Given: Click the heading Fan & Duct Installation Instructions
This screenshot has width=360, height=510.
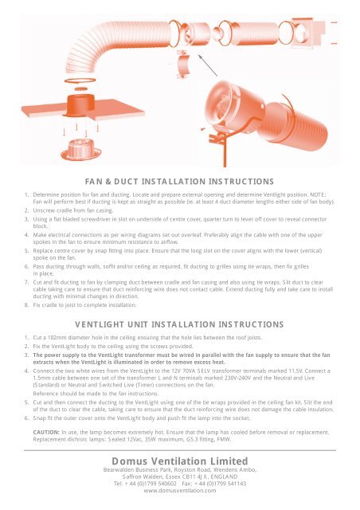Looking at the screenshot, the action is pyautogui.click(x=179, y=181).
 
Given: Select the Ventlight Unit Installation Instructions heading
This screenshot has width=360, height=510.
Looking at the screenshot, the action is pyautogui.click(x=179, y=324).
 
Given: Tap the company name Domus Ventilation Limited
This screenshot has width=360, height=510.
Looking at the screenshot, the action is pyautogui.click(x=179, y=461).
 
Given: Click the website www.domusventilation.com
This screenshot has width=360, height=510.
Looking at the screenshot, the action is pyautogui.click(x=180, y=491).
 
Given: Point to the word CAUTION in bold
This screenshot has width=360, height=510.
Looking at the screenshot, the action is pyautogui.click(x=46, y=432).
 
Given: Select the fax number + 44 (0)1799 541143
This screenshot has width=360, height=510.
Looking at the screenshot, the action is pyautogui.click(x=220, y=484).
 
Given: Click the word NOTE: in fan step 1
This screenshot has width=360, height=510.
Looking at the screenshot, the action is pyautogui.click(x=318, y=194).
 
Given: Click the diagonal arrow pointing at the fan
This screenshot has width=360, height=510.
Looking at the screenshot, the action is pyautogui.click(x=208, y=65).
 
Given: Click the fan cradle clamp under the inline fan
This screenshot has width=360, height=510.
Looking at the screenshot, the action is pyautogui.click(x=182, y=65).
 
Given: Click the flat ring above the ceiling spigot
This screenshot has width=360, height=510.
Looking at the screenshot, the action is pyautogui.click(x=80, y=80).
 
